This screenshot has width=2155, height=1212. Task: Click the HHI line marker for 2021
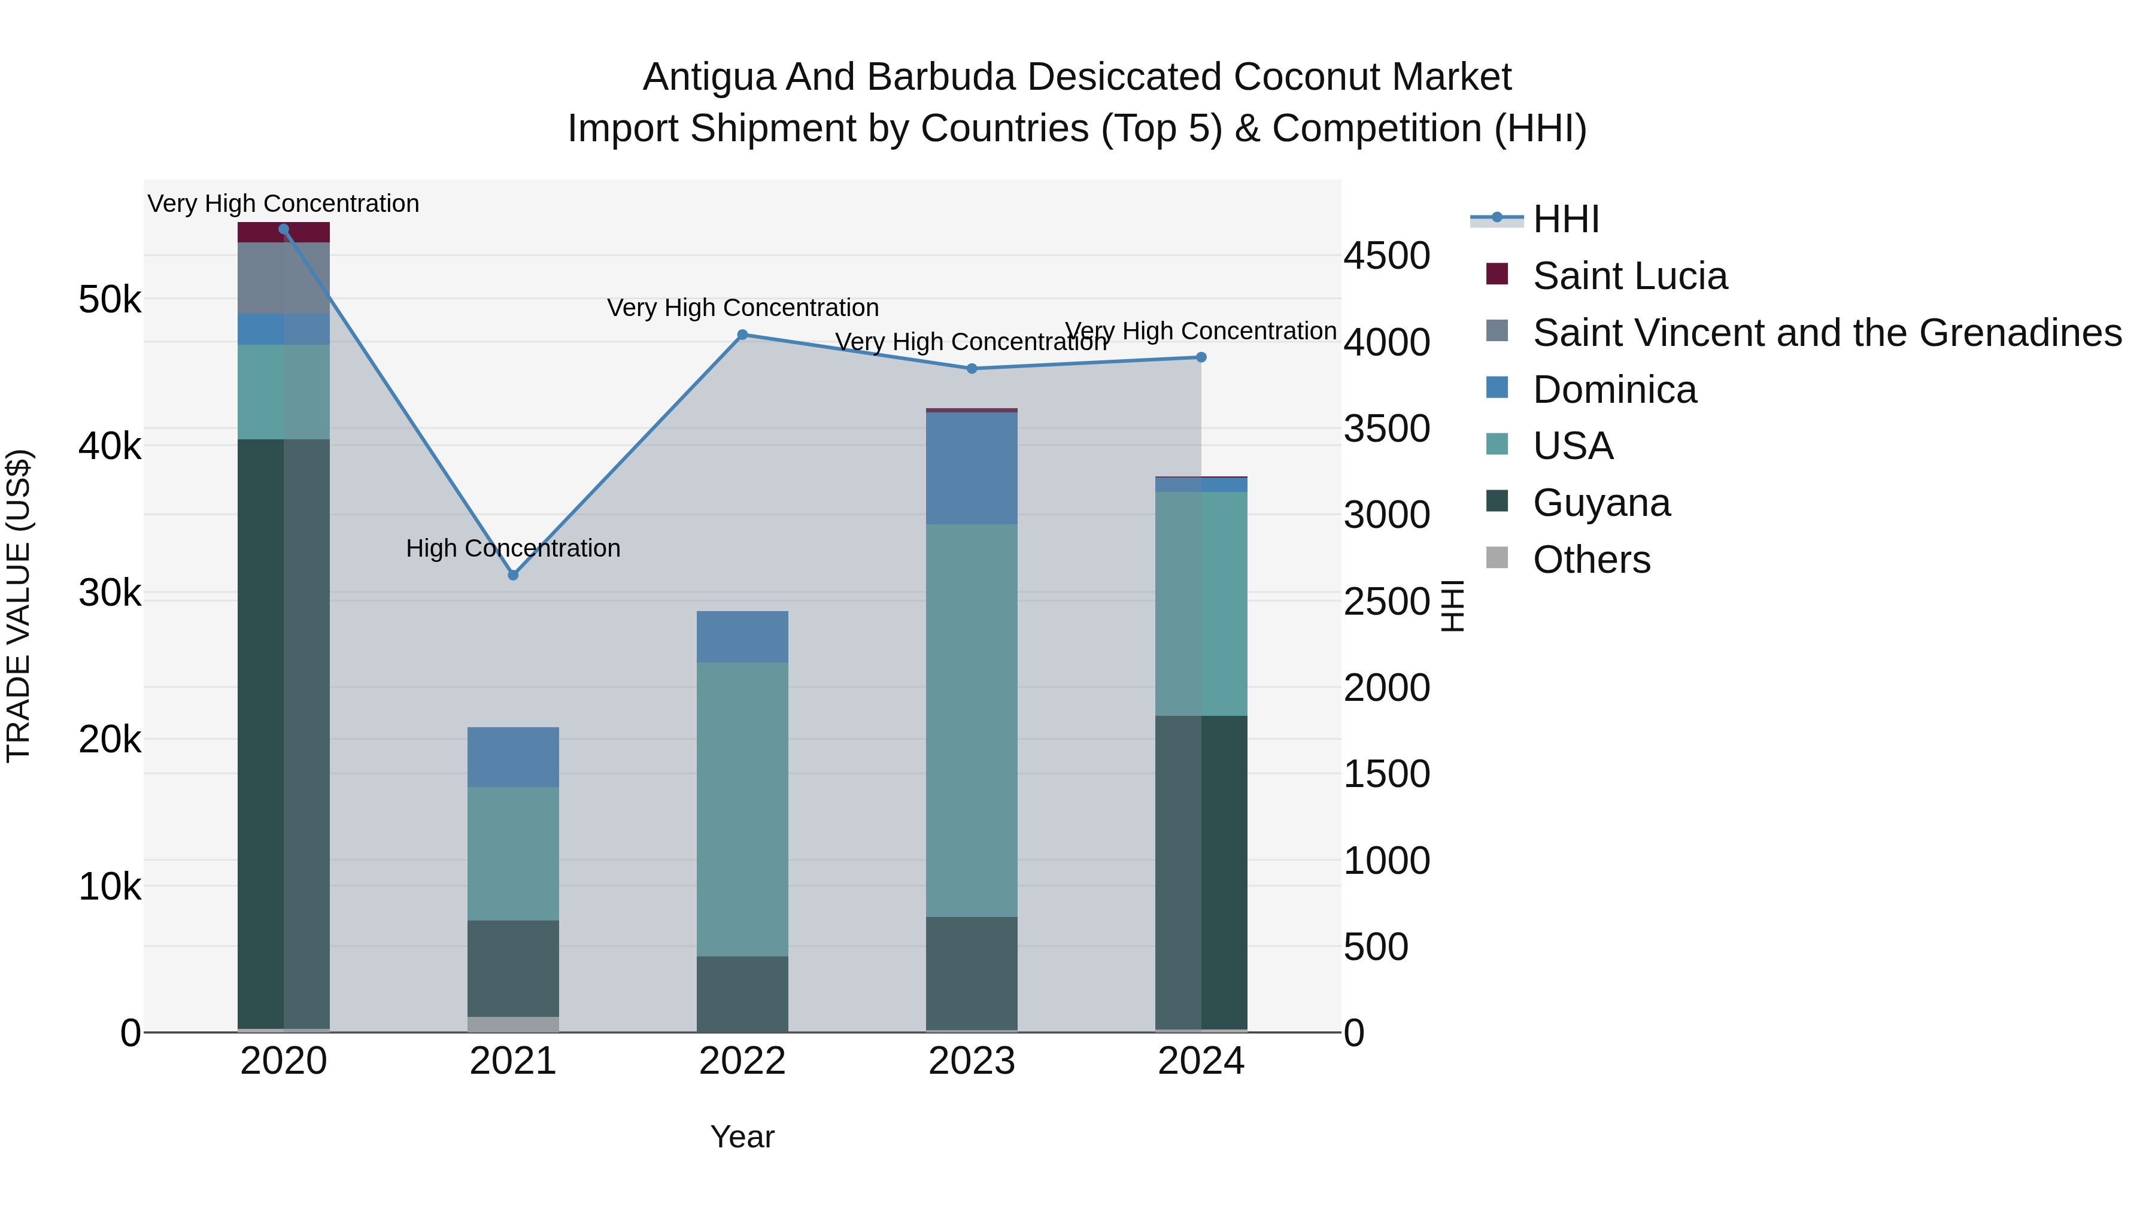[513, 575]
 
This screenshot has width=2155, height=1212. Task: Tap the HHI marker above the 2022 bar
[742, 335]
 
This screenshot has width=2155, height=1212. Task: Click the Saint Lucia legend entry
[1629, 276]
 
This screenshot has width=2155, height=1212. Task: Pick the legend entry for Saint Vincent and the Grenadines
[1826, 333]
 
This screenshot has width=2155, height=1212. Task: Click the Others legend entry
[1591, 560]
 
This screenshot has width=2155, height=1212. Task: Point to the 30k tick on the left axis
[110, 593]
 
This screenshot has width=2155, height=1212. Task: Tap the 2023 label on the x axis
[972, 1061]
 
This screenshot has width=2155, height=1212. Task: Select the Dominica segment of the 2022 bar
[742, 637]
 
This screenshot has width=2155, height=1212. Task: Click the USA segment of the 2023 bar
[972, 719]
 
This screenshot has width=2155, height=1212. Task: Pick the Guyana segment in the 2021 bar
[513, 968]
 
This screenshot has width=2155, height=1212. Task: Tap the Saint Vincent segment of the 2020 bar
[284, 278]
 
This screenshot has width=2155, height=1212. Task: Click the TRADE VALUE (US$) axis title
[19, 606]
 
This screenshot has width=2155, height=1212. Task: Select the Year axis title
[742, 1137]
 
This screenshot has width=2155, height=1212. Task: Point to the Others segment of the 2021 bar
[513, 1024]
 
